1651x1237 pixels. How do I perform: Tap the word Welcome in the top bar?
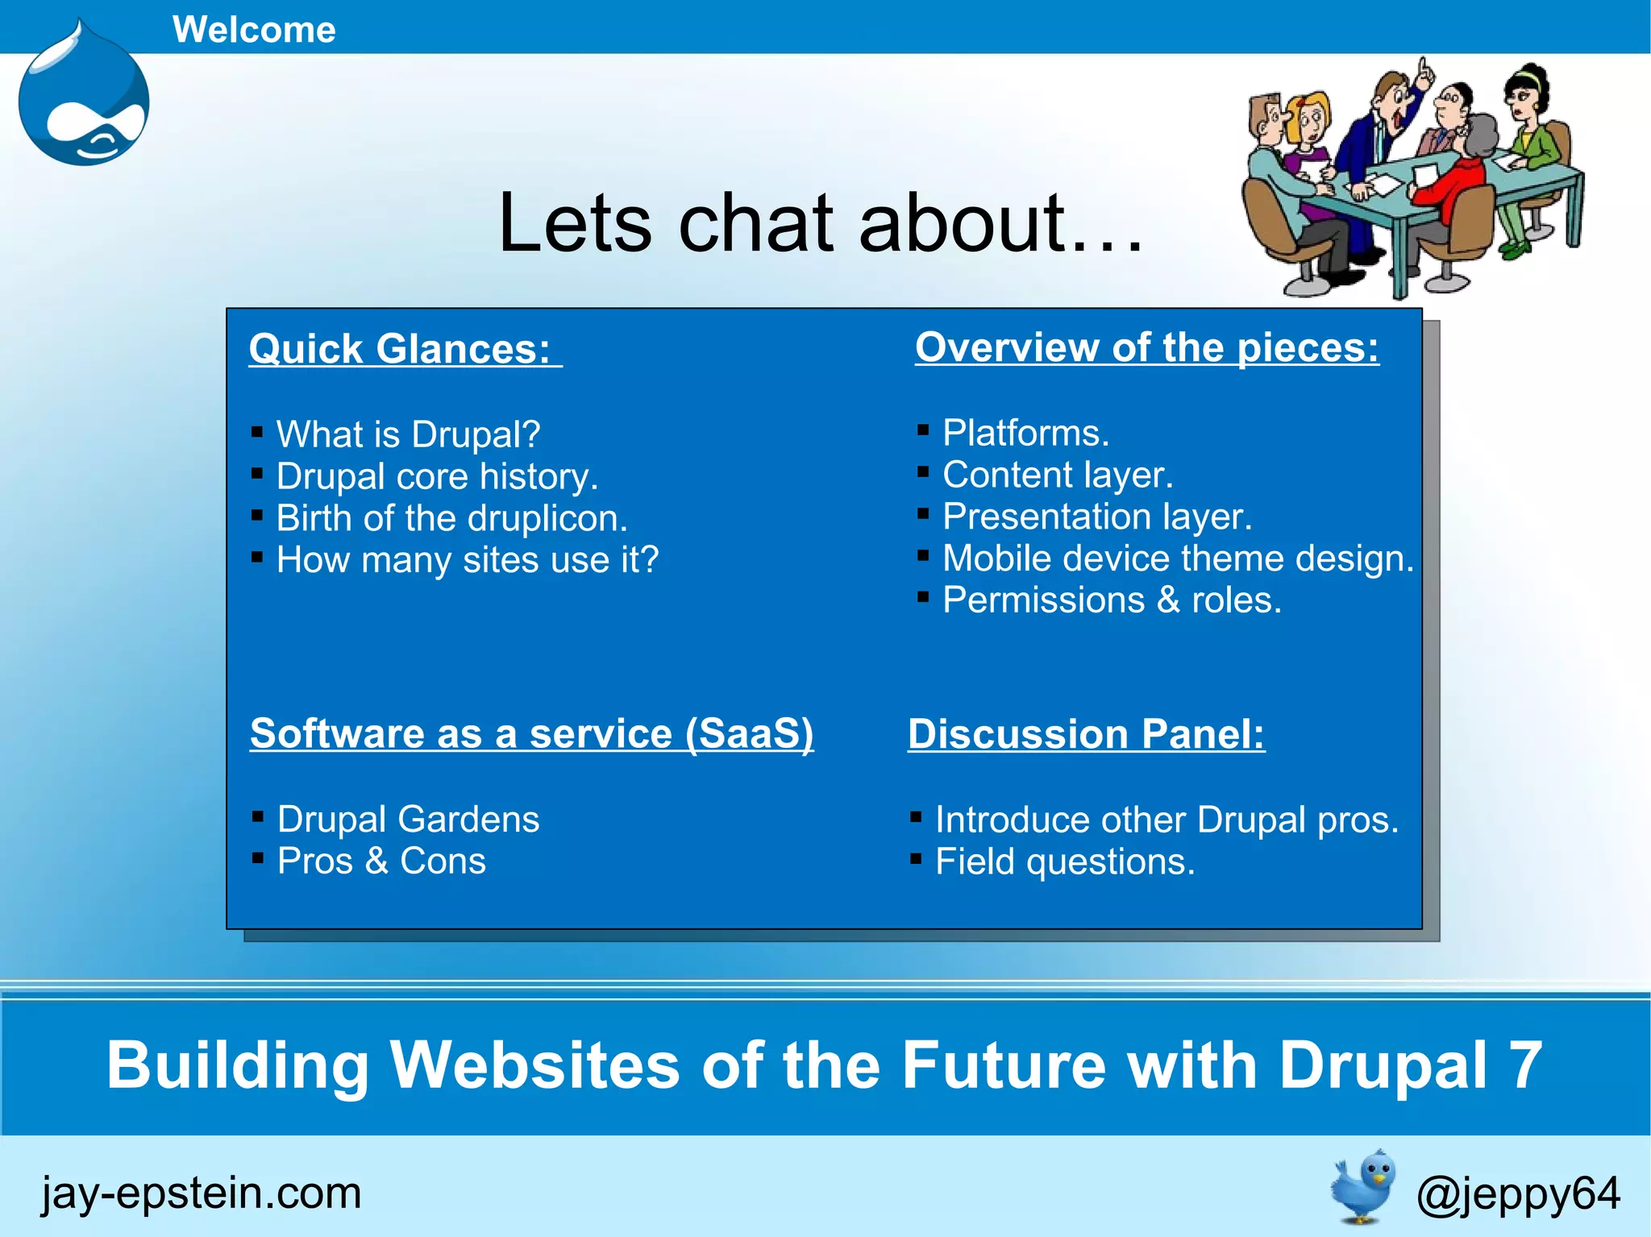pos(254,30)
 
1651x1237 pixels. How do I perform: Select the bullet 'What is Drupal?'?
pos(408,434)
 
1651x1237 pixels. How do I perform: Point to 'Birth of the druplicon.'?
pos(451,518)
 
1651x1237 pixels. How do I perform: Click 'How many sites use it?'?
pos(468,560)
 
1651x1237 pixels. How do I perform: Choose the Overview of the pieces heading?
pos(1146,347)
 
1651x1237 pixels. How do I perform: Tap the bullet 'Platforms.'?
pos(1025,433)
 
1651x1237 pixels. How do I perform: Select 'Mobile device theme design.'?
pos(1178,558)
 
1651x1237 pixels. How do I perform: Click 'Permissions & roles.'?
pos(1112,600)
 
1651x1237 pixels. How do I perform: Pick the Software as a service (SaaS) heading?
pos(531,733)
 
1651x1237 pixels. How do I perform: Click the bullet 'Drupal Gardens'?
pos(408,820)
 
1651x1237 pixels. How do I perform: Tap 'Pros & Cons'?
pos(381,861)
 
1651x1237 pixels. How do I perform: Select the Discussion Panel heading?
pos(1086,734)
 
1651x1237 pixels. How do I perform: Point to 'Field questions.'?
pos(1064,862)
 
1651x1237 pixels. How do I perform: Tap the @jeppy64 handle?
pos(1517,1193)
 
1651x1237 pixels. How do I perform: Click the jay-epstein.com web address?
pos(202,1193)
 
